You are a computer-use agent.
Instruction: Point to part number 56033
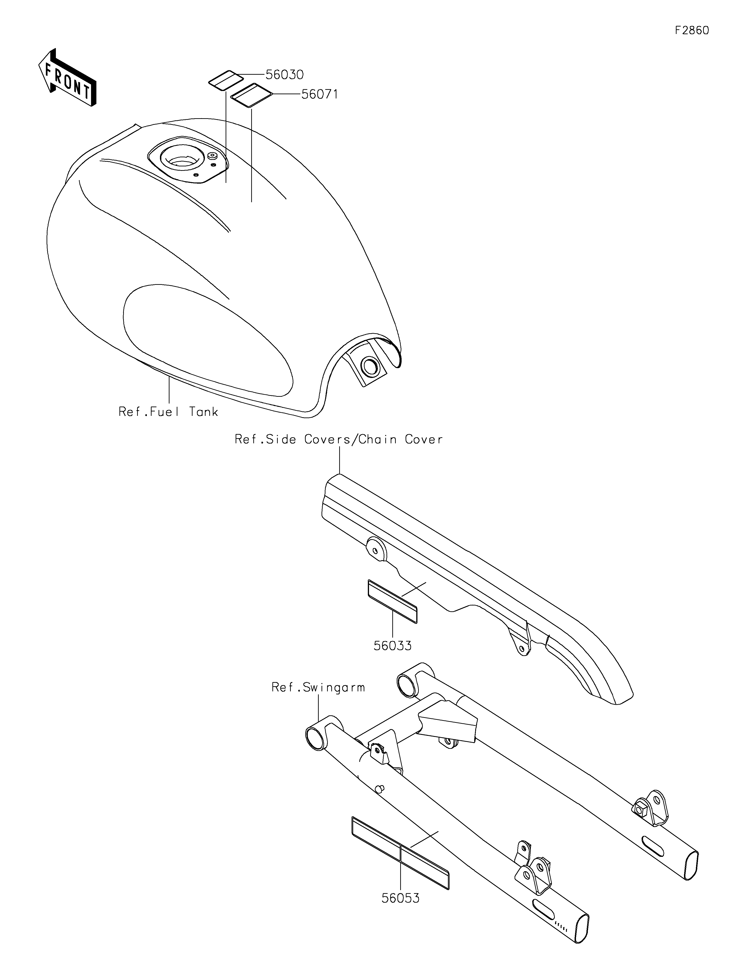point(393,646)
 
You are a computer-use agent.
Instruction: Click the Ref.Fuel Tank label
point(168,412)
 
